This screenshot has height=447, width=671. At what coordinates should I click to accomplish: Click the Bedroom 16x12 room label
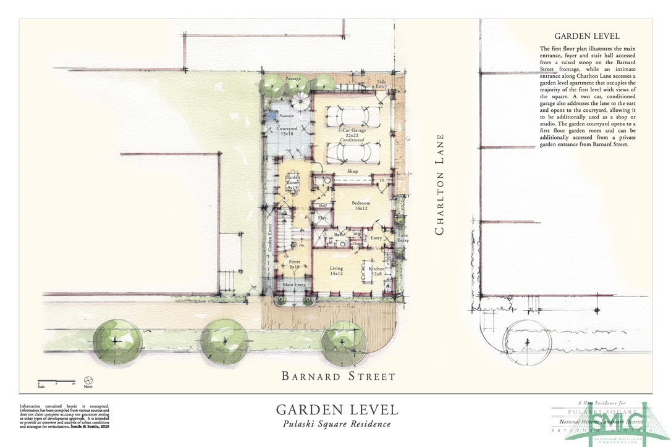click(x=361, y=206)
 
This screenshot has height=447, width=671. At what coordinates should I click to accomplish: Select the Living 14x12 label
click(x=336, y=272)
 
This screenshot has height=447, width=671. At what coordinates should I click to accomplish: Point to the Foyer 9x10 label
click(x=294, y=264)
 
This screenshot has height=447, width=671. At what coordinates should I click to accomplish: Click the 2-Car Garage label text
click(x=353, y=132)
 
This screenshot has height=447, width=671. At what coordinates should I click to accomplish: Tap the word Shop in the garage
click(x=352, y=171)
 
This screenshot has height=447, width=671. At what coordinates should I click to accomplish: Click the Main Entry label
click(x=294, y=284)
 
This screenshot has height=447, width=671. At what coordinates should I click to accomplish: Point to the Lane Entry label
click(x=402, y=238)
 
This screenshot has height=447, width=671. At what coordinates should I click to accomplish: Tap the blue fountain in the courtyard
click(x=270, y=115)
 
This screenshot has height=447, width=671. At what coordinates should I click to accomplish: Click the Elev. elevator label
click(x=322, y=218)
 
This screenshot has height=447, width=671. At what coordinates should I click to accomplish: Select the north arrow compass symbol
click(x=88, y=381)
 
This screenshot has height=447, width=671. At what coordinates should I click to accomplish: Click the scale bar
click(x=56, y=381)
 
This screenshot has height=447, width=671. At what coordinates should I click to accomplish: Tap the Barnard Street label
click(x=338, y=375)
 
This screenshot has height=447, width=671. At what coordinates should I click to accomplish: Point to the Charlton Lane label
click(x=440, y=185)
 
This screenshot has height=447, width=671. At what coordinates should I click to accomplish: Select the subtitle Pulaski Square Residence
click(x=337, y=424)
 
